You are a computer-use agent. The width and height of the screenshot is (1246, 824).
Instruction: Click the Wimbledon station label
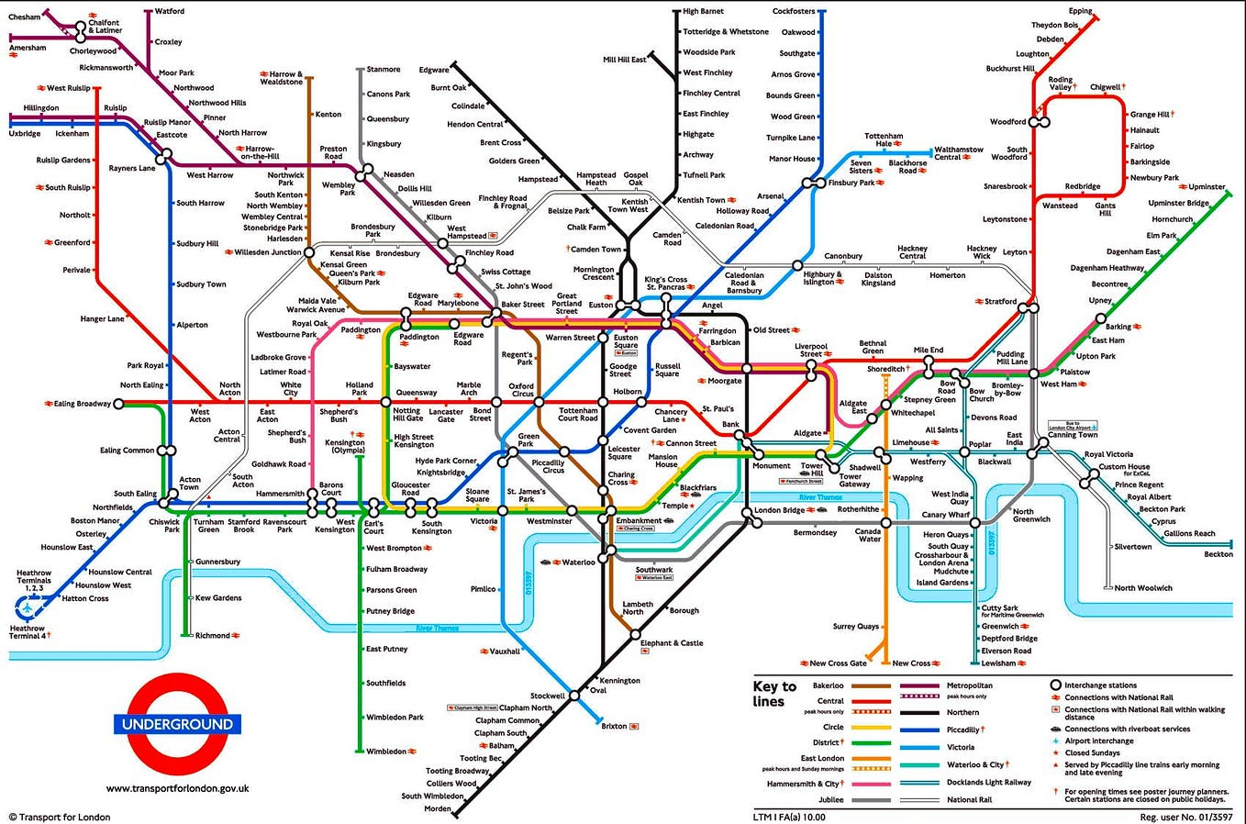385,752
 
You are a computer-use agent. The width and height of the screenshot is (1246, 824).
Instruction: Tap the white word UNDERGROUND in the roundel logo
177,724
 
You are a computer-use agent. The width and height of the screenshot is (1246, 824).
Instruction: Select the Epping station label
1080,11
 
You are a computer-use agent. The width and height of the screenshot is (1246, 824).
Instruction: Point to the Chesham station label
24,17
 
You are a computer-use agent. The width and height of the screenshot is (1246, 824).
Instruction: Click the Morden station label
437,809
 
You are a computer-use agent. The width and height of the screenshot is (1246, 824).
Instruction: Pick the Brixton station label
614,726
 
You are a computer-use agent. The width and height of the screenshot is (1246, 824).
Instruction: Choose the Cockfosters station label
793,11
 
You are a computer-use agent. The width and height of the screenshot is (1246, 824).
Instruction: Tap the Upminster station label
1207,187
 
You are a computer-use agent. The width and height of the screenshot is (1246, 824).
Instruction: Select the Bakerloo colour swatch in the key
872,685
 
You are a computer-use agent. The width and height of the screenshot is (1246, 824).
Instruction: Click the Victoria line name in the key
962,747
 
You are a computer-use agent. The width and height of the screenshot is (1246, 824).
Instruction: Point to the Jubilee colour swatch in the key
872,800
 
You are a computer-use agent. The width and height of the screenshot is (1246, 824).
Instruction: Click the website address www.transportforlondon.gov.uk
177,788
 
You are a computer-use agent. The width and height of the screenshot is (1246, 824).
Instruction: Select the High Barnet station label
703,11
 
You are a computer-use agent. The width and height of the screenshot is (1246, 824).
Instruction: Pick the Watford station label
169,11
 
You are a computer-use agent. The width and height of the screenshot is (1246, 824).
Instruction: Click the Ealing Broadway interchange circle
118,404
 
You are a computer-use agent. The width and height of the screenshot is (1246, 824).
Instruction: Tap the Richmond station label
212,635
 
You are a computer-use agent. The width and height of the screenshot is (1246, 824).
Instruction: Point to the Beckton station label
1218,554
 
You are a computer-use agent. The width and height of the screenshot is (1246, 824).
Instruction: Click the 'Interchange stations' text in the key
1100,685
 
